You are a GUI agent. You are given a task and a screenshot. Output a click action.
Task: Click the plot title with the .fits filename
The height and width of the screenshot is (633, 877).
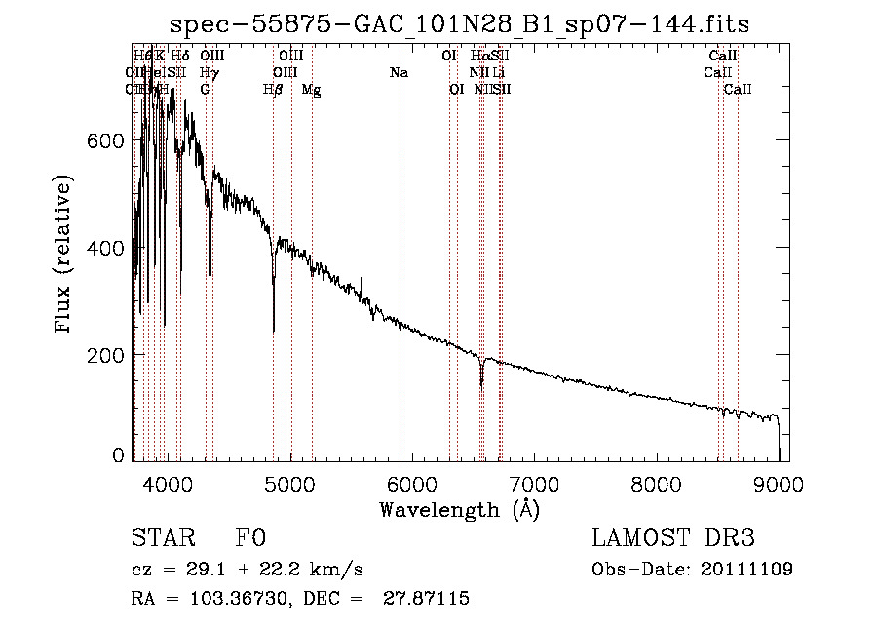tap(459, 23)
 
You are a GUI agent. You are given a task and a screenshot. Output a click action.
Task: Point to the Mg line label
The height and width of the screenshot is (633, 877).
tap(311, 89)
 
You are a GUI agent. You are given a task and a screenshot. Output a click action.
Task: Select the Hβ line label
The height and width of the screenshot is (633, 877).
tap(273, 89)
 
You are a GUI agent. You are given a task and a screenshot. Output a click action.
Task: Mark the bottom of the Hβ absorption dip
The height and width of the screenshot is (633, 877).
tap(273, 330)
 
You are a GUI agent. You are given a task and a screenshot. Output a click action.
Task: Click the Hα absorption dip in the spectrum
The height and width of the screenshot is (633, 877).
tap(481, 378)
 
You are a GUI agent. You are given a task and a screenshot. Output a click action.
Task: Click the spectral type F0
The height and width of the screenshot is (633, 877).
tap(250, 537)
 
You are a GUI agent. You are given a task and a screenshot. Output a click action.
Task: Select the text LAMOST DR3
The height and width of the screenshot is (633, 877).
tap(673, 537)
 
